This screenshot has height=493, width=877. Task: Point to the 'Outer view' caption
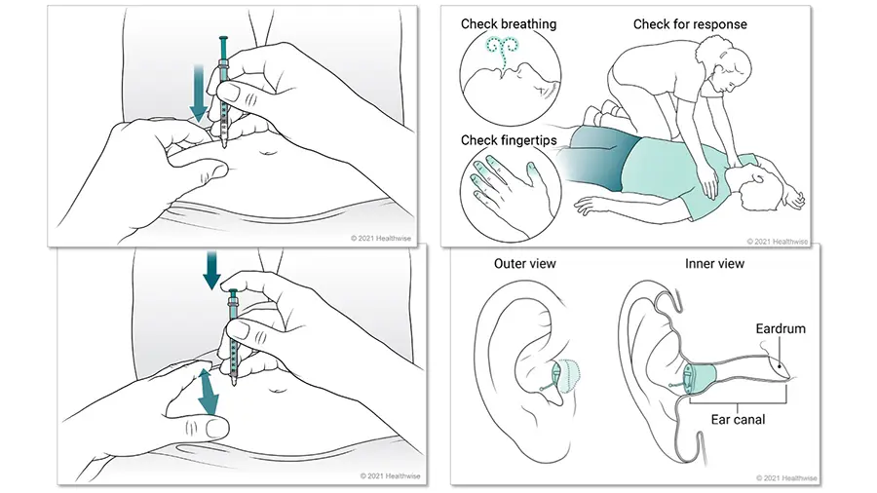(523, 264)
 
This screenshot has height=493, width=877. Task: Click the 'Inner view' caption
(715, 264)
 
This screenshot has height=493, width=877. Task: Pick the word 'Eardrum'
(781, 329)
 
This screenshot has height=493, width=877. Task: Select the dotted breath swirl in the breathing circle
(507, 52)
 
